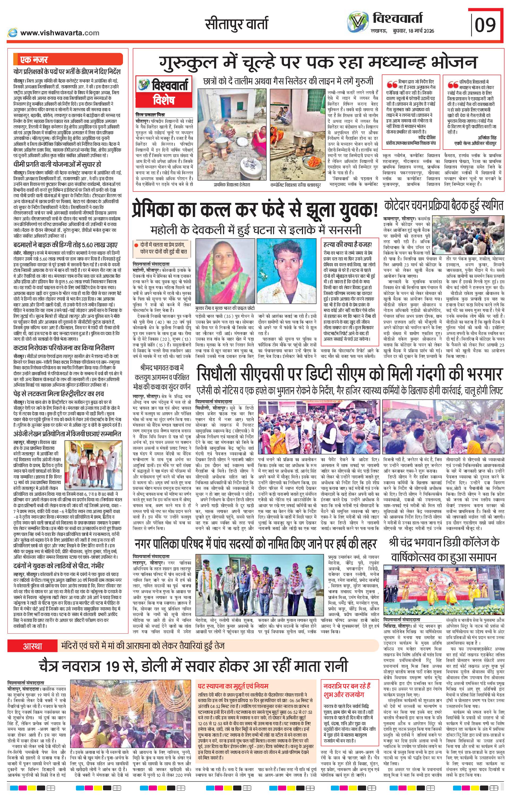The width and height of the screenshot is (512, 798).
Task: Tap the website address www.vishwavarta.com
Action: (59, 33)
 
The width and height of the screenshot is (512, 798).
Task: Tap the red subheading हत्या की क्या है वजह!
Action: (347, 245)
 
